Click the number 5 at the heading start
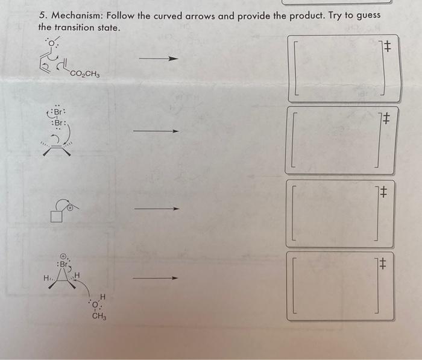42,16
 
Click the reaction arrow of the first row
159,59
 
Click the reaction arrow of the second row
156,131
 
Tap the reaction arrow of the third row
156,209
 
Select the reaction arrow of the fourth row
155,279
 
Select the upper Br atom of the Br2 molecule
58,113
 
